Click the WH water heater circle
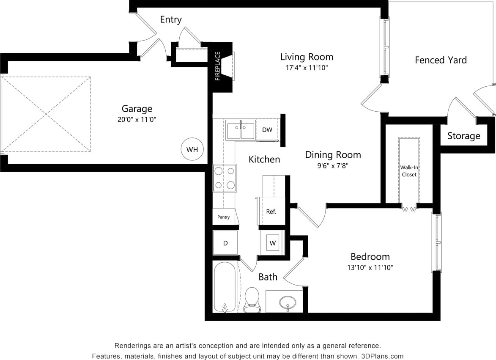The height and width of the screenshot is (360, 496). [192, 149]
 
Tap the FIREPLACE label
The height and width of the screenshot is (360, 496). [218, 66]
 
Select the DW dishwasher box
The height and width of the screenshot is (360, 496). [267, 130]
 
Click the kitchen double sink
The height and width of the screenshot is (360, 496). [240, 130]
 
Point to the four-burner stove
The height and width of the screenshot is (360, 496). [225, 178]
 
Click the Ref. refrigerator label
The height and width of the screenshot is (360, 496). [271, 212]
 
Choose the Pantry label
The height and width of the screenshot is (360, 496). [224, 217]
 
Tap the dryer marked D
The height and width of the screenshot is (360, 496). [225, 243]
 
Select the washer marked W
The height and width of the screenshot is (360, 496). [273, 243]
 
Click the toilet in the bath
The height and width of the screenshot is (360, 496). [252, 299]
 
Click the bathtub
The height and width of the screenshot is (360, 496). [225, 287]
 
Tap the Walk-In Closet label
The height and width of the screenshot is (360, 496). [409, 171]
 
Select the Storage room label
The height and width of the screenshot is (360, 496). [464, 136]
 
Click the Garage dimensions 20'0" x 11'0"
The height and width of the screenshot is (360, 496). [137, 120]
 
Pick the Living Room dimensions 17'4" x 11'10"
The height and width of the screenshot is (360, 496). [307, 68]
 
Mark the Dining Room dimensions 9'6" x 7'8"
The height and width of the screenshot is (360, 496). [333, 165]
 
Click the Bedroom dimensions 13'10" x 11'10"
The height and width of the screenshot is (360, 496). [370, 267]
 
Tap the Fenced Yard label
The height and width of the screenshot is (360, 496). [441, 60]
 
